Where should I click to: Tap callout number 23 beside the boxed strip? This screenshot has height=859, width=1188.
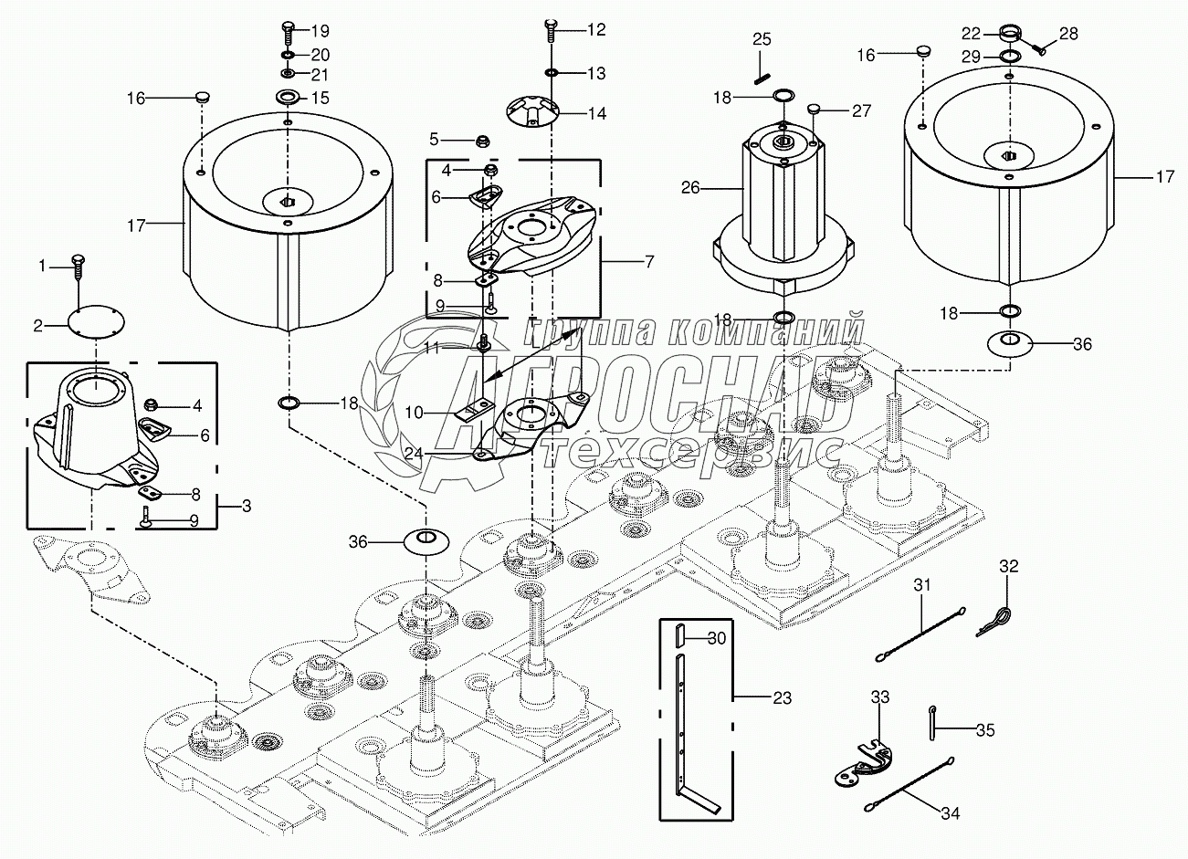click(782, 698)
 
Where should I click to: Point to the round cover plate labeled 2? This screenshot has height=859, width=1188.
click(95, 323)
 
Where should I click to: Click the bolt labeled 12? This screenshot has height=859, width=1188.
click(551, 31)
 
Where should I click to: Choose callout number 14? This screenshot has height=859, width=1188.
click(596, 114)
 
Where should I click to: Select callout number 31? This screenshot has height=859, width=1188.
click(921, 585)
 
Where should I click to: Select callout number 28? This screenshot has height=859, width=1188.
click(1068, 34)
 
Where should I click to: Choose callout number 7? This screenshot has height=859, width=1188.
click(649, 262)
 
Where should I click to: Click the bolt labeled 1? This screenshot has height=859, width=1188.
click(78, 267)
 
